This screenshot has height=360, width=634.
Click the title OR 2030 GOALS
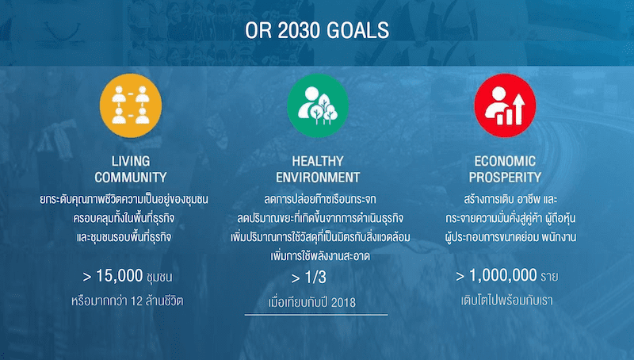[x=317, y=30]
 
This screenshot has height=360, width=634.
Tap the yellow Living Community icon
[x=131, y=105]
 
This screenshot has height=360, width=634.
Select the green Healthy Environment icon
[x=318, y=105]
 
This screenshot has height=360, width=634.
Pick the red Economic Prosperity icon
[x=505, y=105]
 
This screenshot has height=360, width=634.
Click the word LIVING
[x=131, y=161]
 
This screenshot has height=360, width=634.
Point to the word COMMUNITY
[x=131, y=177]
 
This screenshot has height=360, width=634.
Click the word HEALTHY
[x=318, y=161]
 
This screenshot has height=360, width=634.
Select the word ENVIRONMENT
[x=318, y=177]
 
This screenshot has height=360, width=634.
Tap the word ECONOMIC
[x=505, y=161]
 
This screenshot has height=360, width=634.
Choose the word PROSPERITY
[x=505, y=177]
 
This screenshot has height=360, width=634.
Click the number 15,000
[x=120, y=276]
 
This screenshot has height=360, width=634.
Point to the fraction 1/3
[x=315, y=277]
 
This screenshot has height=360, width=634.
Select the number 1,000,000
[x=503, y=275]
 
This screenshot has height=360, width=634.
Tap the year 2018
[x=343, y=303]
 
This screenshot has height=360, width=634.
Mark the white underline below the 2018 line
[x=316, y=314]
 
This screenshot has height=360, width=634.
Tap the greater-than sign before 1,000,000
[x=460, y=277]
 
